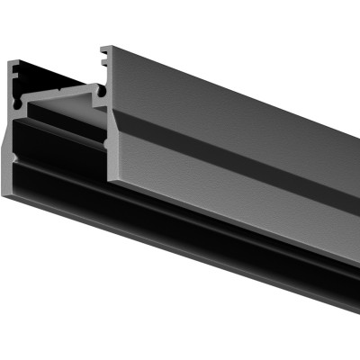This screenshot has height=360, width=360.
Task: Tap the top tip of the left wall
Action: tap(11, 61)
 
